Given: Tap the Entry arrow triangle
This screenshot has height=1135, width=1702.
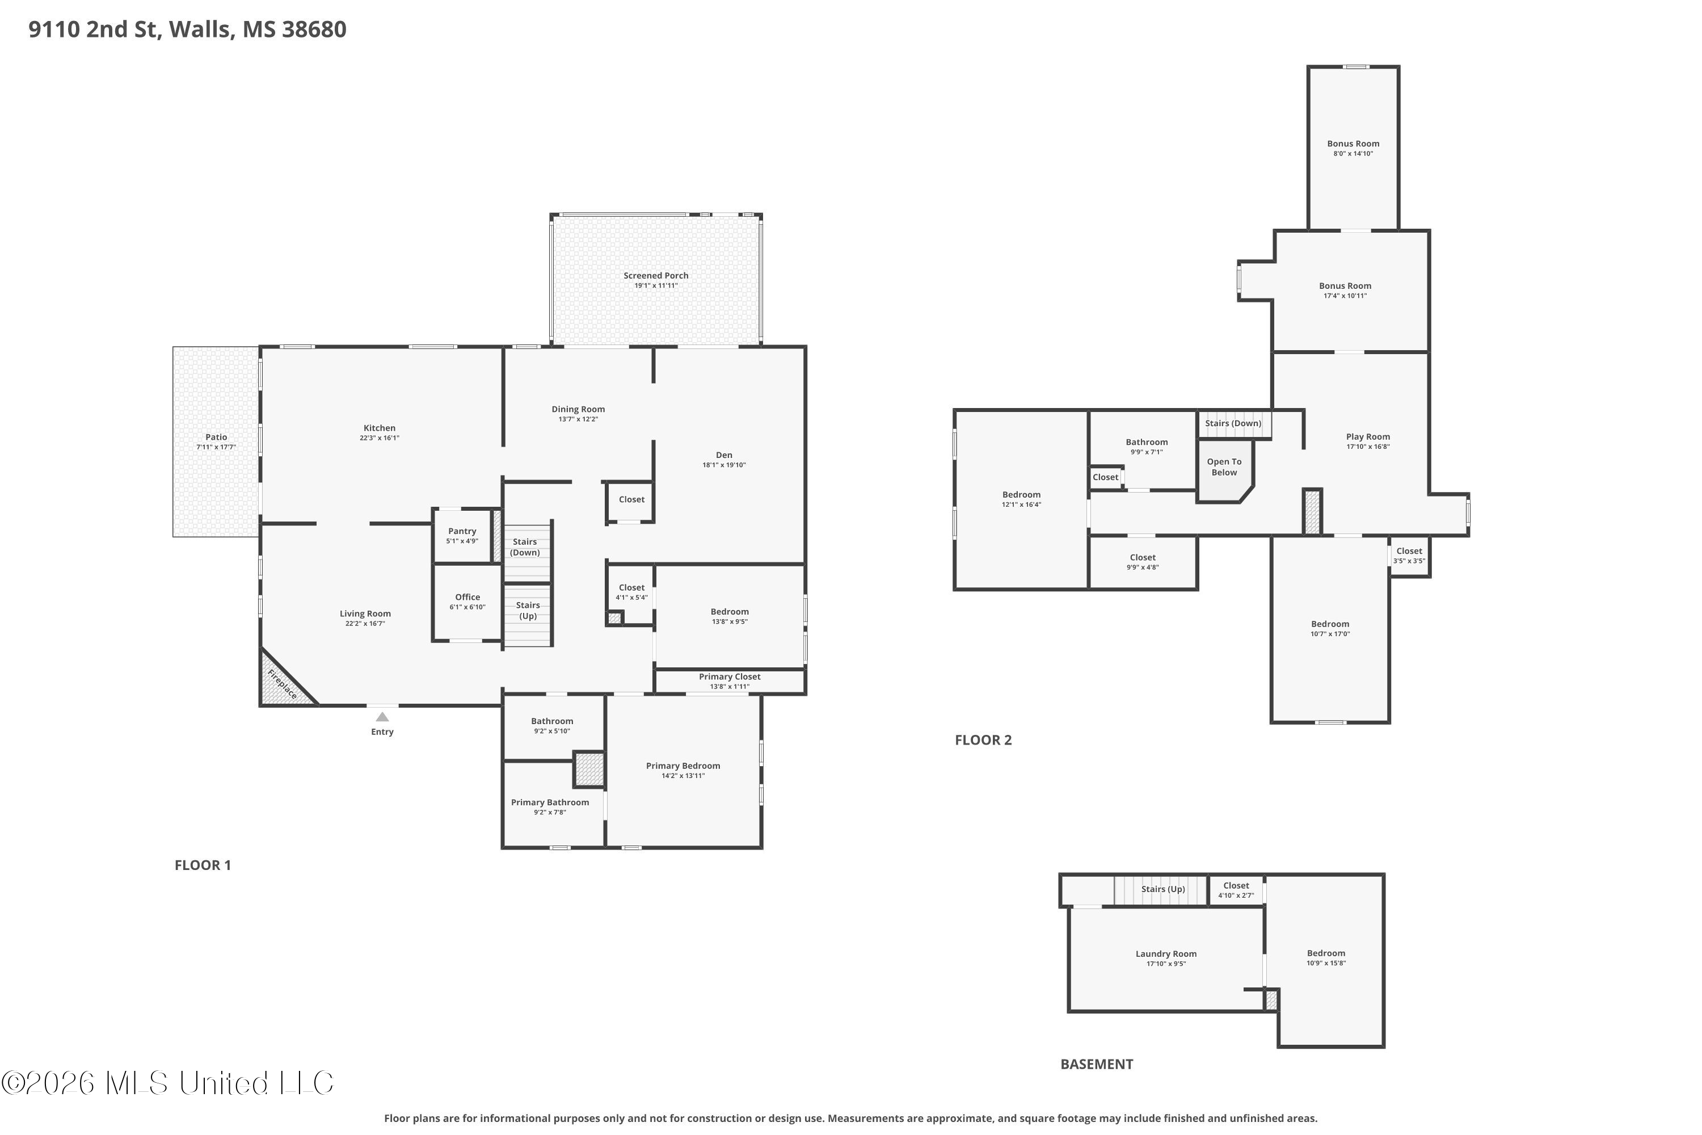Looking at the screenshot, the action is (382, 717).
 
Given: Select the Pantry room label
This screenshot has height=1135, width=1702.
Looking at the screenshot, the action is (462, 531).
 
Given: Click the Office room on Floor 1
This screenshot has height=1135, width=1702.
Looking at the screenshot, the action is (467, 602).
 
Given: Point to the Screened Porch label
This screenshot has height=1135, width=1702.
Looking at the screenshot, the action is (656, 276).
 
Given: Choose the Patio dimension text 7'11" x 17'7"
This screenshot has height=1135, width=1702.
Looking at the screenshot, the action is (216, 447).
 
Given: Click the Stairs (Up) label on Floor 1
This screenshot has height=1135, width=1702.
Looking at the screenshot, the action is (528, 610).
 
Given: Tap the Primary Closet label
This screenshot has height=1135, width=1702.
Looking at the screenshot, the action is (730, 677).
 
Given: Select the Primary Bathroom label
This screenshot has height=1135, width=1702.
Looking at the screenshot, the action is (550, 802).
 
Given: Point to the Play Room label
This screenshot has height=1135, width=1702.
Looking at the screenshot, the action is (1368, 436).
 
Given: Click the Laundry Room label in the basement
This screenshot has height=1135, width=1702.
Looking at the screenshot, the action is (1166, 954).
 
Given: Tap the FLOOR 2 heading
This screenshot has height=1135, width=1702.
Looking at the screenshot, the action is (983, 740).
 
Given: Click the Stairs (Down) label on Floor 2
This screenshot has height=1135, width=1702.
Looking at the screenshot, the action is (1233, 423).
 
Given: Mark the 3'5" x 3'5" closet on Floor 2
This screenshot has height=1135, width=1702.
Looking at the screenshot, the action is (1409, 556).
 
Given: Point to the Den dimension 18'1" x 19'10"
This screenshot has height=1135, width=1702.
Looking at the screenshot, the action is (724, 465).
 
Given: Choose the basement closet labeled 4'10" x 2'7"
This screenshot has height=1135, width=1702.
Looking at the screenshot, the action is (1236, 890).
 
